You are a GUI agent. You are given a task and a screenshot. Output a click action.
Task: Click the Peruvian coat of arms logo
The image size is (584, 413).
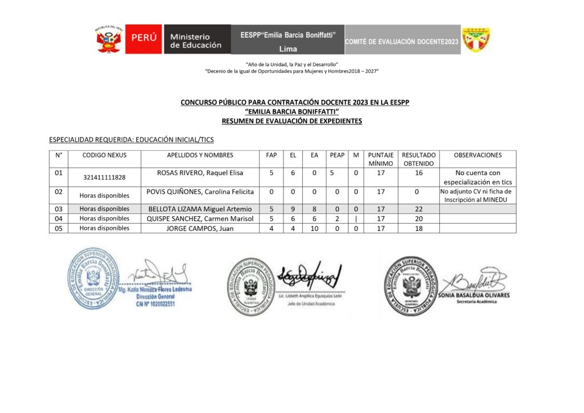coord(109,39)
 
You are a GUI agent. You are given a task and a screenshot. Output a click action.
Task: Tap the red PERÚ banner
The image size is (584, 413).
coord(143,39)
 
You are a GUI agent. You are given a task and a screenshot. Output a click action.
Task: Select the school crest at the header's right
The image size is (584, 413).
coord(476,39)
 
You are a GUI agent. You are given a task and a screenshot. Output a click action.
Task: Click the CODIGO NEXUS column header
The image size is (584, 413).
coord(104,155)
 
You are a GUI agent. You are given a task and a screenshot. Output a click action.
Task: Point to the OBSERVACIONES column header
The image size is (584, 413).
coord(478,155)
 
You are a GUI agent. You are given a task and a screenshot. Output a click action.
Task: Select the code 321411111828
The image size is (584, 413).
coord(104,177)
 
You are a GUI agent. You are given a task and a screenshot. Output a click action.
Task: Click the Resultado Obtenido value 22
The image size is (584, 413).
coord(419,209)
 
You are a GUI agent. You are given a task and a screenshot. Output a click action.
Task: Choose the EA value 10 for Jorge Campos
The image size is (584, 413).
coord(314,228)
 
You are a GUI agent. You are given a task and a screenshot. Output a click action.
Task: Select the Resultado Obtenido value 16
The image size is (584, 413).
coord(419,173)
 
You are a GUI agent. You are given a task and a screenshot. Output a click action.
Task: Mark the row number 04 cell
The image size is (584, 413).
coord(58,218)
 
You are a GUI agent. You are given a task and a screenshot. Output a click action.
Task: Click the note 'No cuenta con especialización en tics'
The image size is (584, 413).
coord(478,177)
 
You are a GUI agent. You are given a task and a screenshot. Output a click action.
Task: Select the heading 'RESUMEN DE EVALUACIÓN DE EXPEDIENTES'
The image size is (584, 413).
coord(291,121)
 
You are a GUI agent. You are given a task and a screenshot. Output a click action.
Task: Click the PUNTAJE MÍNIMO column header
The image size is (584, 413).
coord(380,159)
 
